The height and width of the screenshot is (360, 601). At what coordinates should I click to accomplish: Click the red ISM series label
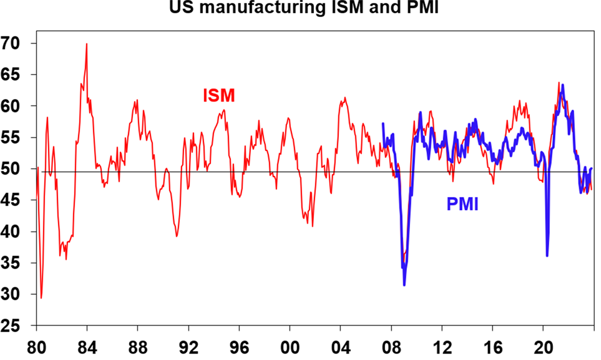point(218,96)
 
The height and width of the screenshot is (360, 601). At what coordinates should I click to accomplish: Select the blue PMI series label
point(462,204)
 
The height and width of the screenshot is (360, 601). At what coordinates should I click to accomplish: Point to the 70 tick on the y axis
point(19,44)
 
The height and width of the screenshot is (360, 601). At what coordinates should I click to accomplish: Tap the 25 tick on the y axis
point(19,326)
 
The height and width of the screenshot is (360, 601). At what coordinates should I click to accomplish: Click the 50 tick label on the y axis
point(19,169)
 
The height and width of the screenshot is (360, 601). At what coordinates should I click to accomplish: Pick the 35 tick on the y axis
point(19,263)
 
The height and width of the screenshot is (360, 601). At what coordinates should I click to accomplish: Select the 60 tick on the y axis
point(19,106)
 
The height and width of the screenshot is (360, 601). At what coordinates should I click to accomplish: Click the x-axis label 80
point(36,343)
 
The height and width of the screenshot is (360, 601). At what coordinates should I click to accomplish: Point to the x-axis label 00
point(290,343)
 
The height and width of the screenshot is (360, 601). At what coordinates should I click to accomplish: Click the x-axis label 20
point(543,343)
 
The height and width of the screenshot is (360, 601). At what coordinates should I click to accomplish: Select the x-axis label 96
point(239,343)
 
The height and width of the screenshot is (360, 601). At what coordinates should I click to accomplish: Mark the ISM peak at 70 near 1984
point(87,44)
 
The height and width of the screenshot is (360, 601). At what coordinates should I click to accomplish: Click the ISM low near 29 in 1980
point(41,298)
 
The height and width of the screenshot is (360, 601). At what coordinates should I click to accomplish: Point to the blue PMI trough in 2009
point(404,285)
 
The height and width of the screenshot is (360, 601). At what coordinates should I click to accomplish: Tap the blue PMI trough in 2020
point(547,256)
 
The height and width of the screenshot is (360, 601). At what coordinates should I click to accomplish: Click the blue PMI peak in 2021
point(562,85)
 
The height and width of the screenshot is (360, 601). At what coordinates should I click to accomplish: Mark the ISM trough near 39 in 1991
point(177,236)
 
